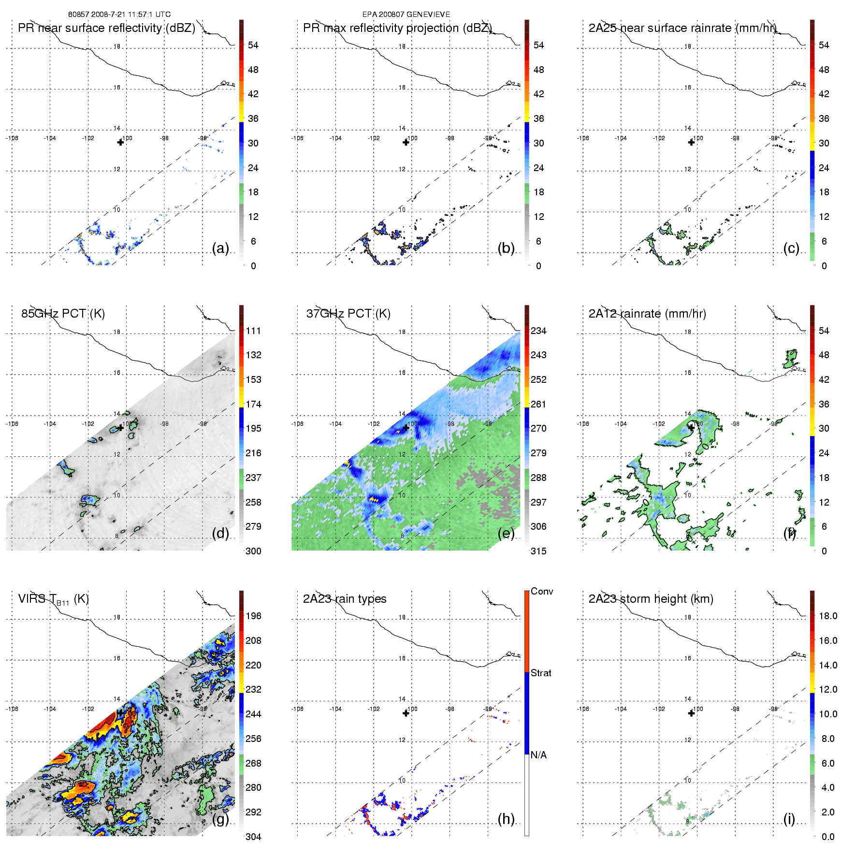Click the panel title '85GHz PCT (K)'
[63, 314]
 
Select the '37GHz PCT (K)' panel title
[348, 314]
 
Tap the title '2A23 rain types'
[345, 599]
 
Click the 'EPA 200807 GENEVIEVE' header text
[406, 15]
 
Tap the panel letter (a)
[220, 248]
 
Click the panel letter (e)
[506, 533]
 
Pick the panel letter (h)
[506, 819]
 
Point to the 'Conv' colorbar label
[542, 592]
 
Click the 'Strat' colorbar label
[541, 673]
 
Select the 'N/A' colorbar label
[538, 755]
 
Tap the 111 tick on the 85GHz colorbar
[253, 331]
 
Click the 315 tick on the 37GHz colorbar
[538, 551]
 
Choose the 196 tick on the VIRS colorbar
[253, 616]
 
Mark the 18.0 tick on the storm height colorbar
[827, 616]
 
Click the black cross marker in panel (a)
[120, 142]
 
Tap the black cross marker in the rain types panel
[406, 713]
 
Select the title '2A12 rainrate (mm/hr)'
[647, 314]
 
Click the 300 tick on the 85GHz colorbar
[253, 551]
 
